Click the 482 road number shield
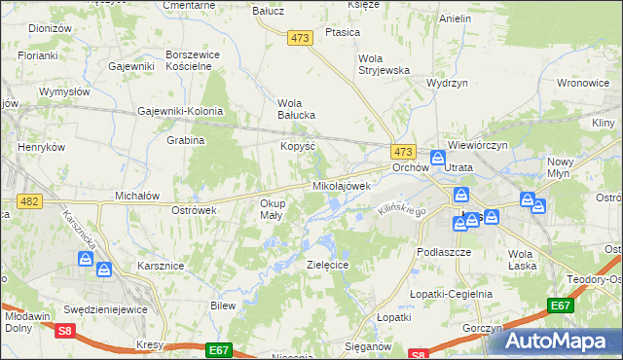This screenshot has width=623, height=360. coord(28,201)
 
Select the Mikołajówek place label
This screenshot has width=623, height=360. coord(342,185)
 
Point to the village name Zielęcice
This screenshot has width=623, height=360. coord(328,264)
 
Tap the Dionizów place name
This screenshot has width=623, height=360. coord(51,29)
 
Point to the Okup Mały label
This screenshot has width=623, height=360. coord(272,209)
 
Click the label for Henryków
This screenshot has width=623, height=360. coord(41,147)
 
